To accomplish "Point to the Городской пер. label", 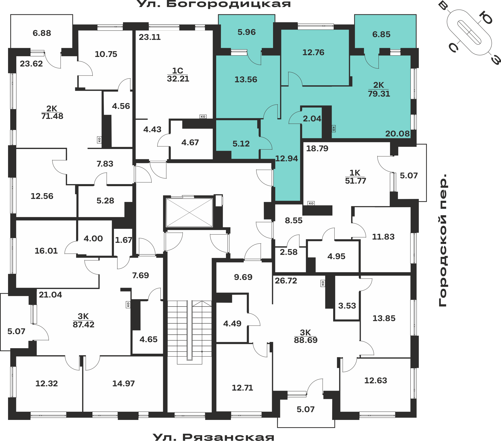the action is tap(443, 240).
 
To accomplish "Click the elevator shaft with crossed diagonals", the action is tap(189, 212).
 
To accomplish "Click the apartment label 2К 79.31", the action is tap(379, 89).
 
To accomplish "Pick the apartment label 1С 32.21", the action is tap(178, 75).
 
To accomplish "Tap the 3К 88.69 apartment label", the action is tap(306, 336).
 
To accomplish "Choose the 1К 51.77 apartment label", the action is tap(355, 177).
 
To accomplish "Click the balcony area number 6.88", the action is tap(42, 33).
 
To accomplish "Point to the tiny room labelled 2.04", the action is tap(312, 119).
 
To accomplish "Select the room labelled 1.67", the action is tap(123, 240).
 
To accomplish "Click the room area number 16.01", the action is tap(46, 251).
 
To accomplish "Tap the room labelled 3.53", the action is tap(347, 306).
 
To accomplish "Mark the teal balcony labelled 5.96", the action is tap(247, 32).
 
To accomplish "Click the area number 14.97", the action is tap(123, 384).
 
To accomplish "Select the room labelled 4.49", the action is tap(232, 324).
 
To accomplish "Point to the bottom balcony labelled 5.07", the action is tap(306, 409).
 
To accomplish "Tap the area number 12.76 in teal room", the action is tap(313, 52).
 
